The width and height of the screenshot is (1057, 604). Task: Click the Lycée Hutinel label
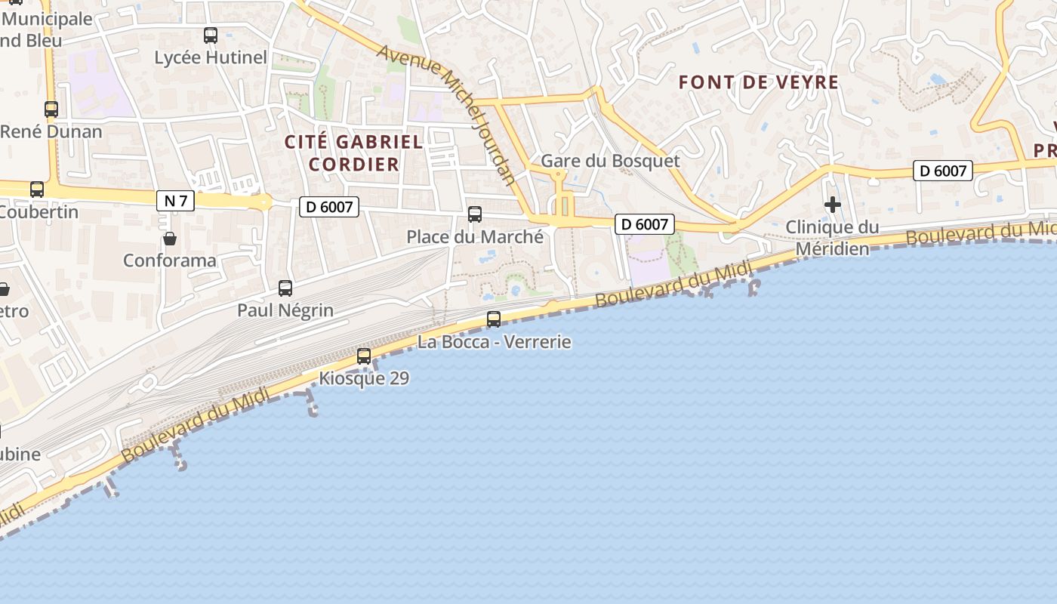click(211, 57)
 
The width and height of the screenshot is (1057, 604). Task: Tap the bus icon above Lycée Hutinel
click(211, 35)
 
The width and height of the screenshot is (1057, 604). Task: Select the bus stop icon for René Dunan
click(51, 109)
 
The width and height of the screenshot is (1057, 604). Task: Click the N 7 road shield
click(175, 201)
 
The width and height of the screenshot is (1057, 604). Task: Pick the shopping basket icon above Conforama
click(170, 239)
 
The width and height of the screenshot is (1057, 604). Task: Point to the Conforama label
click(170, 260)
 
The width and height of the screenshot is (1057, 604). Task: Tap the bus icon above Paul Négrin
click(285, 288)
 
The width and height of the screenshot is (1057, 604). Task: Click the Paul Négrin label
click(285, 310)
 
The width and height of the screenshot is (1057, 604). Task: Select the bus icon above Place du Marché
click(475, 214)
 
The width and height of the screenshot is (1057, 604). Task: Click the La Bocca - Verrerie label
click(495, 342)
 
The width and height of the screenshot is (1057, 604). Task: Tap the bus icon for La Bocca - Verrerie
click(494, 319)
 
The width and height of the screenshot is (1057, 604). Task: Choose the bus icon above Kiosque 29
click(364, 356)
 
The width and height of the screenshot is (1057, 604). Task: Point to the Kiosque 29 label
click(364, 377)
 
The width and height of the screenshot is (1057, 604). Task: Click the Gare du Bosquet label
click(610, 161)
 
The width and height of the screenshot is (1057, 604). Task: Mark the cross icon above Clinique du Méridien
click(833, 205)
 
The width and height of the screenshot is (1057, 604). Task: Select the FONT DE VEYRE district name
click(759, 82)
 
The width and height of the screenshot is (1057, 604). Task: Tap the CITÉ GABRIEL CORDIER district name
click(353, 153)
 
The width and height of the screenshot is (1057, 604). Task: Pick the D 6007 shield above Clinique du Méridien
click(942, 171)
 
